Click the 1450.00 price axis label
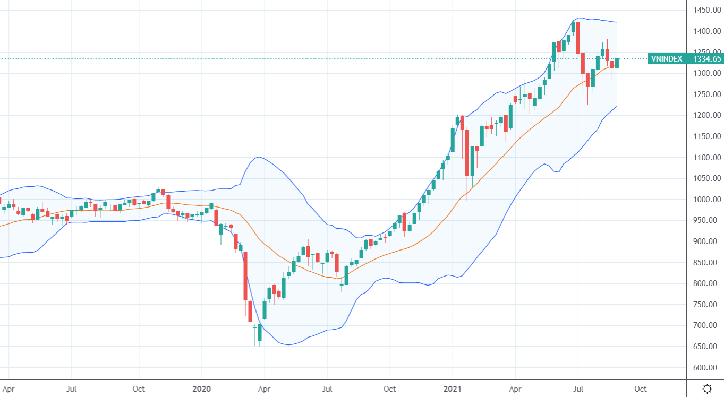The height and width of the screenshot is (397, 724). coord(706,10)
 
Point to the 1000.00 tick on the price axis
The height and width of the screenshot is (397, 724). coord(706,200)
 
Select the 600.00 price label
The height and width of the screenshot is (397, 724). coord(706,368)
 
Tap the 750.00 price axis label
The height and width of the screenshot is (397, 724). coord(706,305)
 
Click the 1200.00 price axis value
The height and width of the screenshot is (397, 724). coord(706,115)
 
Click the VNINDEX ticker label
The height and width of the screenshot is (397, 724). coord(667,59)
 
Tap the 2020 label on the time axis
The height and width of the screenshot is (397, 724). coord(202,389)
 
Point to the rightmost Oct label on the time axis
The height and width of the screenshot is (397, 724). coord(641,389)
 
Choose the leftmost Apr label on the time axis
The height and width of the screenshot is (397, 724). coord(8,389)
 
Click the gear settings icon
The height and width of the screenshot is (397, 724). coord(707,389)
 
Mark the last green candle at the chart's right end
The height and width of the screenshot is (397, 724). coord(617,63)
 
